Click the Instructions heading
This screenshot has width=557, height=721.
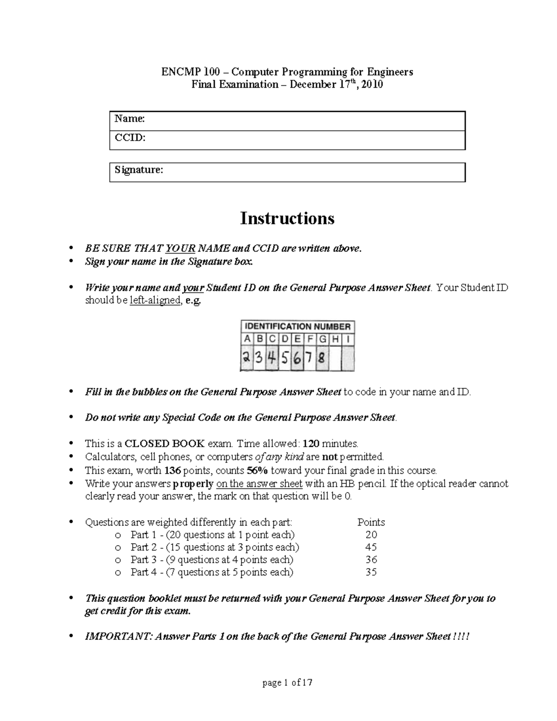tap(287, 218)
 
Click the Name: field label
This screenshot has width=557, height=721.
tap(130, 119)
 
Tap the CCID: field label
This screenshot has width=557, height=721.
tap(130, 138)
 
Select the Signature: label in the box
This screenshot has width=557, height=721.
tap(139, 170)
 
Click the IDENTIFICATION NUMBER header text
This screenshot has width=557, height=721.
tap(298, 326)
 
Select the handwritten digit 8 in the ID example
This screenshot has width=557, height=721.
tap(322, 359)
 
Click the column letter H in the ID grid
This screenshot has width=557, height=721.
tap(335, 339)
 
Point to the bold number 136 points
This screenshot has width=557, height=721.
tap(173, 470)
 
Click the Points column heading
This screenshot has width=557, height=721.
tap(371, 522)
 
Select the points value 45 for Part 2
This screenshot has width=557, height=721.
tap(371, 547)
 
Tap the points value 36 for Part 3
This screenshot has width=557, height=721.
tap(371, 560)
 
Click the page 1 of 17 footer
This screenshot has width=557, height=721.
tap(287, 683)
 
